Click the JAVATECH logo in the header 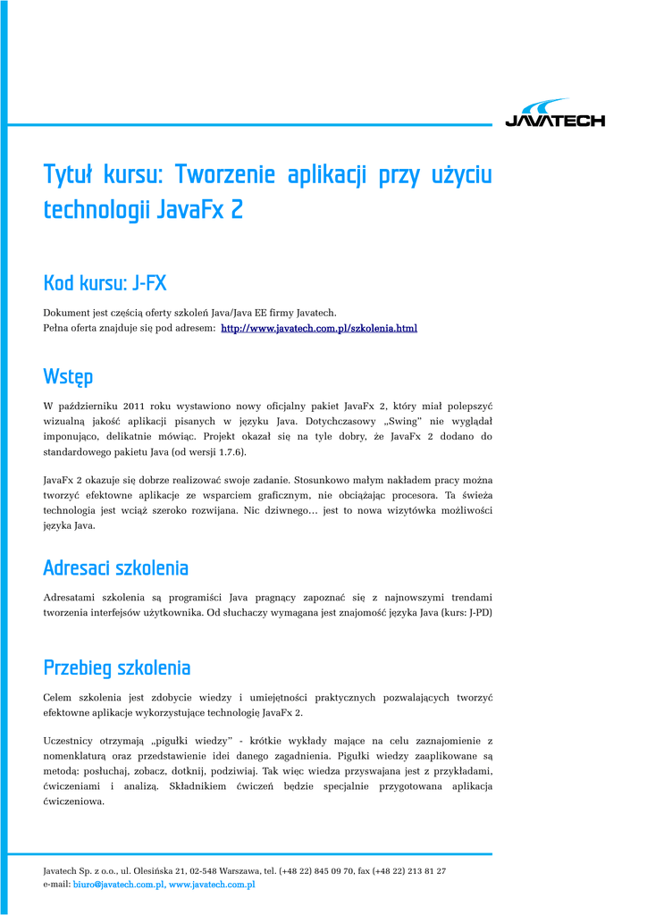point(555,114)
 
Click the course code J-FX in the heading point(149,284)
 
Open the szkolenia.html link point(319,329)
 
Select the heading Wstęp point(68,375)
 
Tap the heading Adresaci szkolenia point(115,567)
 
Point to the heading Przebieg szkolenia point(116,667)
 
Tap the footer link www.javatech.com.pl point(213,885)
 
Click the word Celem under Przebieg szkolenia point(59,697)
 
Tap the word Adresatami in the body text point(70,597)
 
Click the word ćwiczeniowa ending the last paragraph point(74,802)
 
